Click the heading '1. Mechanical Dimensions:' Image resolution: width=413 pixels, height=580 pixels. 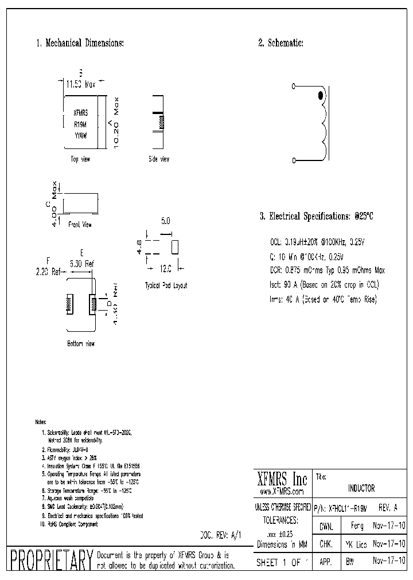coord(80,43)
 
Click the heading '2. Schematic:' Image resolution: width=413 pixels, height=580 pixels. coord(280,43)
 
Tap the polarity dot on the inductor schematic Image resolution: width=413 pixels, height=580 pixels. coord(321,96)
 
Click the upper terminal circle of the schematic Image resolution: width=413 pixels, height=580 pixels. coord(294,87)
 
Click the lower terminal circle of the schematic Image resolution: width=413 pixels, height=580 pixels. coord(294,160)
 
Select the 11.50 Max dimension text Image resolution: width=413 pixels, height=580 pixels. coord(81,84)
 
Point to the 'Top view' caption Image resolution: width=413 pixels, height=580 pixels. coord(80,159)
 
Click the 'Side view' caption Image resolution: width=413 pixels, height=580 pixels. coord(158,159)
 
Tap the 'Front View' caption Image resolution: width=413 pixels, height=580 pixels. coord(80,225)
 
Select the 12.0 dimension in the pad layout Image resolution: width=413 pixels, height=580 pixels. coord(165,268)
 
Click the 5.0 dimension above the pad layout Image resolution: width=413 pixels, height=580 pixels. coord(165,220)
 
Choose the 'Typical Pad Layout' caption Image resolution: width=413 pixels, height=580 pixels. coord(166,285)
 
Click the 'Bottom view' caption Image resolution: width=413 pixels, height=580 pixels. coord(81,343)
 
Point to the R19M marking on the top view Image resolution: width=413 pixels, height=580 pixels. coord(80,124)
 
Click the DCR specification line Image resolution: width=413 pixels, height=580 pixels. coord(327,270)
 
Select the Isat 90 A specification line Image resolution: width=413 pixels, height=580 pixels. coord(324,284)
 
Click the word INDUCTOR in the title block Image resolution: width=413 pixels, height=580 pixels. coord(361,488)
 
